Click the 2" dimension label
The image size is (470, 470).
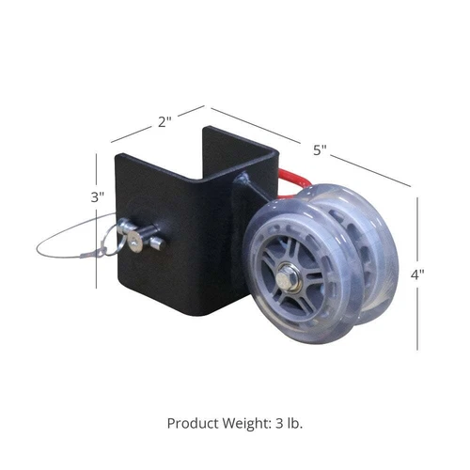click(x=164, y=121)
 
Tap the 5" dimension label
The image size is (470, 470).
click(x=320, y=150)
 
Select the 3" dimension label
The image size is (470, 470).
click(x=97, y=197)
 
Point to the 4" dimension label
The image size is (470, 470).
click(x=417, y=274)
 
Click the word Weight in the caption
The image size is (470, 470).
click(x=247, y=424)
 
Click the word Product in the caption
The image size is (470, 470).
click(x=193, y=423)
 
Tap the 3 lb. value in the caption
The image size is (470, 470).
click(x=290, y=423)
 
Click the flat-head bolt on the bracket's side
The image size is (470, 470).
click(x=133, y=243)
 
